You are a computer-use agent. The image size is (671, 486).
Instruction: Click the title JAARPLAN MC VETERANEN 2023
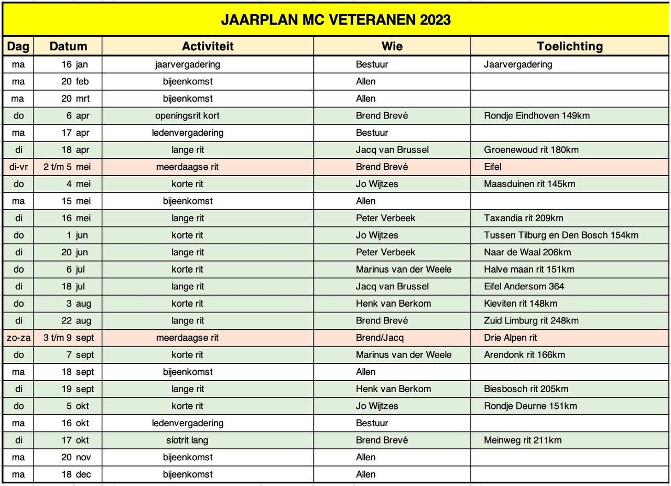335,20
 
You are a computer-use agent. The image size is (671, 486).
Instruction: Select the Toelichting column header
570,46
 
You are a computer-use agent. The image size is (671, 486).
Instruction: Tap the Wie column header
392,46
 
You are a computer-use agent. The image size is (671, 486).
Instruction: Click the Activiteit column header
208,46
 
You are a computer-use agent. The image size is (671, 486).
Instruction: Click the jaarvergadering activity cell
188,64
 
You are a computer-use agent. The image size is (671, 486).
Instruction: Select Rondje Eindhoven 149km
537,116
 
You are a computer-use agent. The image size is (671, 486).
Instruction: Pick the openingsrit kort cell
188,116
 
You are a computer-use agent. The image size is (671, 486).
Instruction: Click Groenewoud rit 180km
532,150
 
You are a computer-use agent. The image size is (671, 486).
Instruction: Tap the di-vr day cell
18,167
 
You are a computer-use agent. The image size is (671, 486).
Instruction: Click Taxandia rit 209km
524,218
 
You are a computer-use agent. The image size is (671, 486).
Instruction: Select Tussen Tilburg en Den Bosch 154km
561,235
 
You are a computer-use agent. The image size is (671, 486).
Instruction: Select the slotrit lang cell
188,440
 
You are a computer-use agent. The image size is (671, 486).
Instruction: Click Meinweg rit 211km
523,440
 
